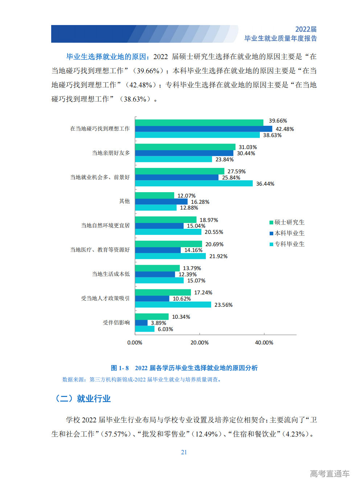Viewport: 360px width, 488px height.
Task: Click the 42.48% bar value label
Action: [x=285, y=129]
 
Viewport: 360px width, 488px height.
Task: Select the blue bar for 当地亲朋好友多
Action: [x=184, y=153]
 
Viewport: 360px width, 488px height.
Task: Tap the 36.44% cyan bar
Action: [x=194, y=183]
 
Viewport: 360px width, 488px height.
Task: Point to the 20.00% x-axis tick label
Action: [x=199, y=343]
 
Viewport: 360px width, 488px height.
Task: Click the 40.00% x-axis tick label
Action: [x=264, y=343]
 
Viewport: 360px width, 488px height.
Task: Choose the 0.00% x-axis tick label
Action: [x=135, y=343]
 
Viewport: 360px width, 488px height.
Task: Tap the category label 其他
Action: [x=124, y=201]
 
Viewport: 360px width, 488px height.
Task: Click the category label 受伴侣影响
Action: [x=116, y=322]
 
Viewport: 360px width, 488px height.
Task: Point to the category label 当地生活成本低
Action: [x=111, y=274]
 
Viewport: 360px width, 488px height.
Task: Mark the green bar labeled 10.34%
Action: [x=152, y=317]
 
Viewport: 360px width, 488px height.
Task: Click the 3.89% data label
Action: [x=158, y=323]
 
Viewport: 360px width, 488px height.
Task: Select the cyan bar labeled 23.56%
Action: [x=173, y=305]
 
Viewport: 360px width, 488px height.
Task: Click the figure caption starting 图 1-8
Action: [x=184, y=368]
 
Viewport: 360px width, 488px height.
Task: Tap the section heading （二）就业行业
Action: [x=82, y=399]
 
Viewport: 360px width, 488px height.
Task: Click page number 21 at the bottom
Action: [x=184, y=452]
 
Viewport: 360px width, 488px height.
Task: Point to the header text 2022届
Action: [x=306, y=29]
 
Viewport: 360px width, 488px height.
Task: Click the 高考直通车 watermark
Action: [x=330, y=473]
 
